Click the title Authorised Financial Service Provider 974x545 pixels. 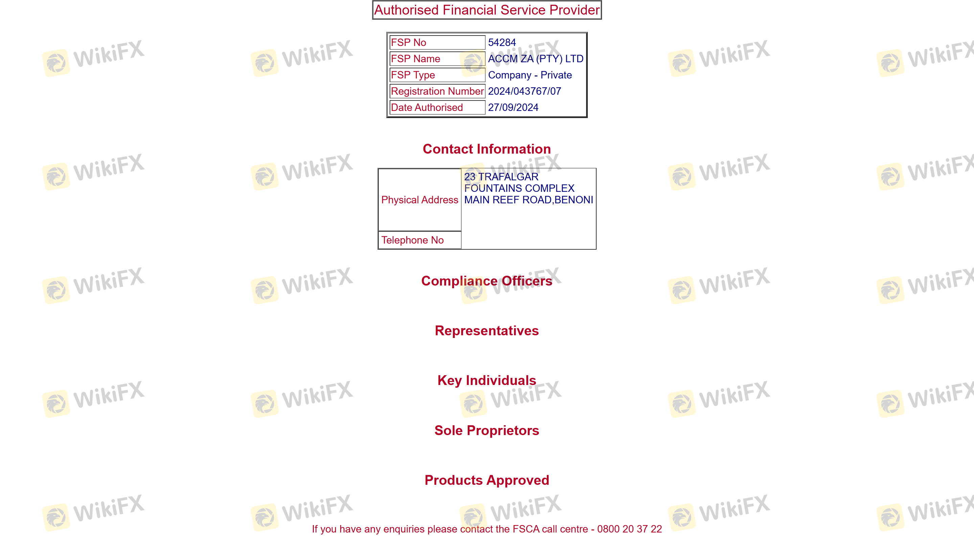(487, 10)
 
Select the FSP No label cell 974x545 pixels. (437, 42)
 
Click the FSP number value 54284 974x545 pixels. (502, 42)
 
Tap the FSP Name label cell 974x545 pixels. (437, 59)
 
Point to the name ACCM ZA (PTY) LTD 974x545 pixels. (535, 59)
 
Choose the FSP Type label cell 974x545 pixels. (437, 75)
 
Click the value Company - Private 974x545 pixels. (530, 75)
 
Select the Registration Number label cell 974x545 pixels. (437, 91)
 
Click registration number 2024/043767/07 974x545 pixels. (525, 91)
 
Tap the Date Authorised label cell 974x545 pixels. (437, 108)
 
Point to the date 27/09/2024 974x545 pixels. (513, 108)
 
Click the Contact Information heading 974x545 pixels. (487, 149)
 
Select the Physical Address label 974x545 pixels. (420, 200)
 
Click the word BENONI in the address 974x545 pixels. (574, 200)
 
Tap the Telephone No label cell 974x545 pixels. (420, 240)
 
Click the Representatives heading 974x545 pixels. (487, 331)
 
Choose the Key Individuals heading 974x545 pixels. (487, 380)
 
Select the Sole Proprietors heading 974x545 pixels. (487, 430)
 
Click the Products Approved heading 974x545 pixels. (487, 480)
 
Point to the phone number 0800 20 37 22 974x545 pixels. (629, 529)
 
